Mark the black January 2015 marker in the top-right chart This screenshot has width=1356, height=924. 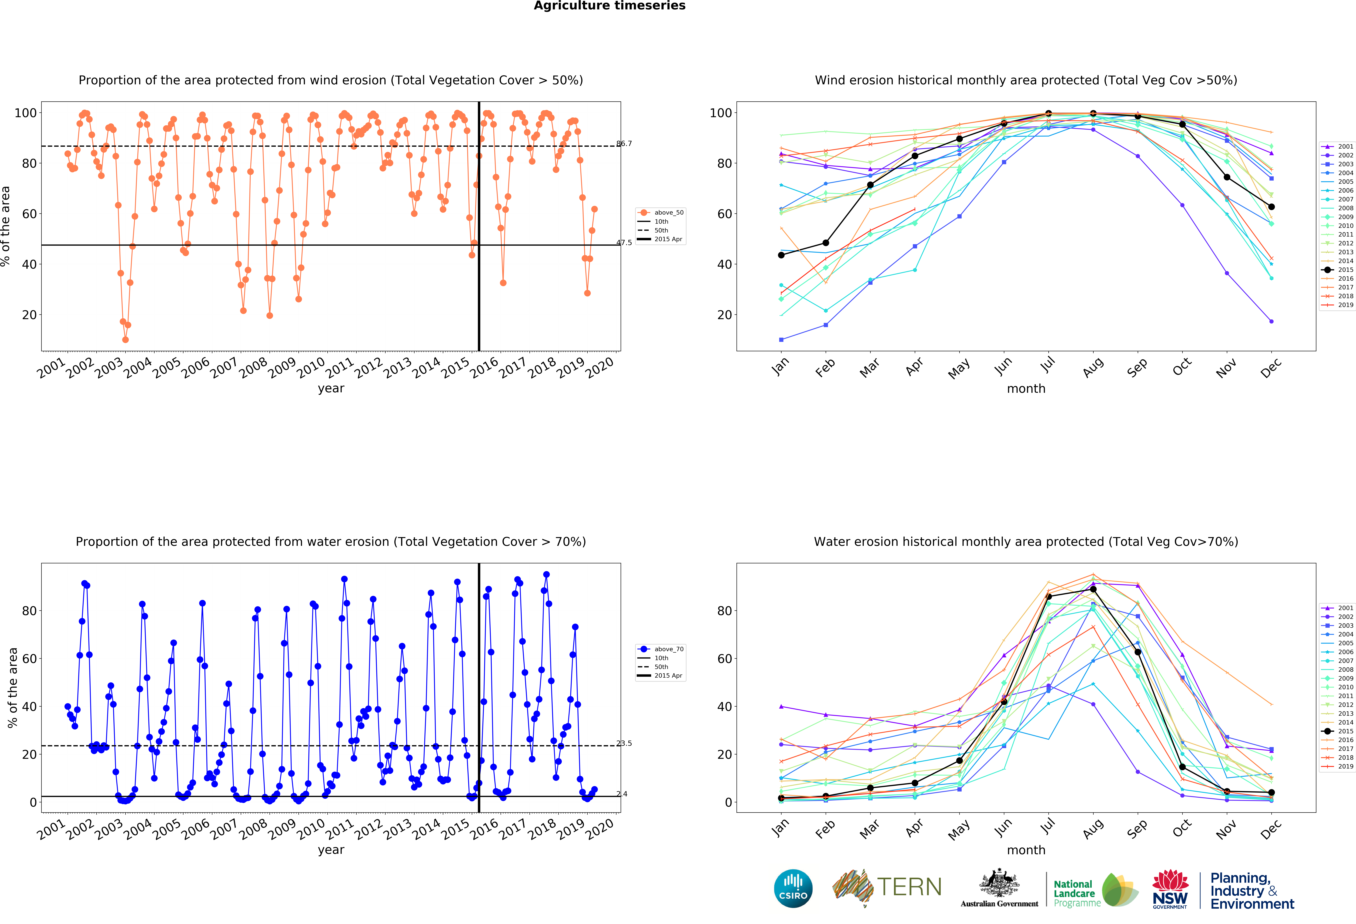tap(781, 255)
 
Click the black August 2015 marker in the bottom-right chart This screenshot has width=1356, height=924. tap(1093, 589)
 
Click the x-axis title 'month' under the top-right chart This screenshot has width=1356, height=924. tap(1026, 388)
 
